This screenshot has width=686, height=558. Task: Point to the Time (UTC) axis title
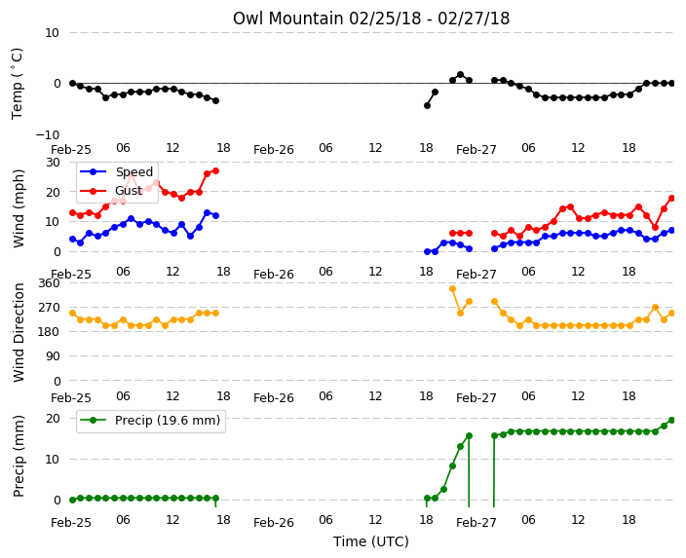371,541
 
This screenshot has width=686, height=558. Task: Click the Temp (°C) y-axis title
18,84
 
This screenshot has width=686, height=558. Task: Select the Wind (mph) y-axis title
19,208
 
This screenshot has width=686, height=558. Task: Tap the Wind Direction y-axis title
19,333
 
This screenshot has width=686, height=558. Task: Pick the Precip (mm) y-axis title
19,456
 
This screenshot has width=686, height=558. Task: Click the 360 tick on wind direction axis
49,283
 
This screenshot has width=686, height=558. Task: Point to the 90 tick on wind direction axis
53,356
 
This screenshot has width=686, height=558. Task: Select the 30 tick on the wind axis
53,163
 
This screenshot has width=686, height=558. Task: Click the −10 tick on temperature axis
47,134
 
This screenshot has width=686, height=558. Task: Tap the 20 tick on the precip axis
53,419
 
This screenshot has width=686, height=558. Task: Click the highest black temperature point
460,75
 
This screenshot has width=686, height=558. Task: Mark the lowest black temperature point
427,105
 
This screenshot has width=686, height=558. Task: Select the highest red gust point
215,171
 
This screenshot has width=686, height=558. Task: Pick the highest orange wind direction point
452,288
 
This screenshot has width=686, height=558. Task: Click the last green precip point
672,421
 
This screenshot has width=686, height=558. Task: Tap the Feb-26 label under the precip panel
274,522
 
